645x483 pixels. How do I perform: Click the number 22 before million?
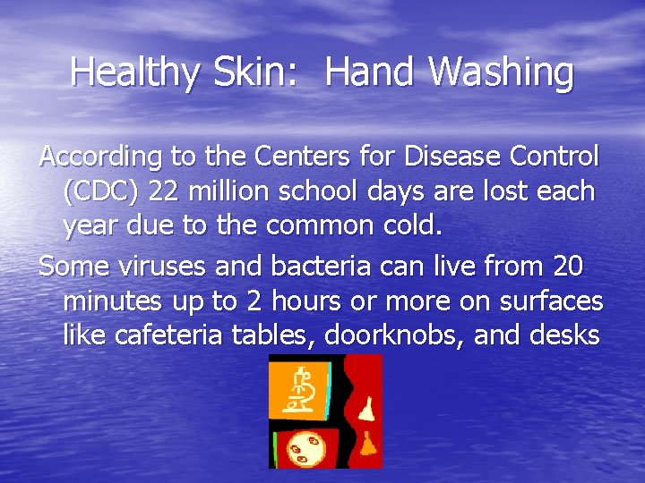coord(167,191)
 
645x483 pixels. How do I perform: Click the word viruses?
coord(154,266)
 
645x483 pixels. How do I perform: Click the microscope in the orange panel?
coord(302,390)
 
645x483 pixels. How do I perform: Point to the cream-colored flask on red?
coord(367,411)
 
